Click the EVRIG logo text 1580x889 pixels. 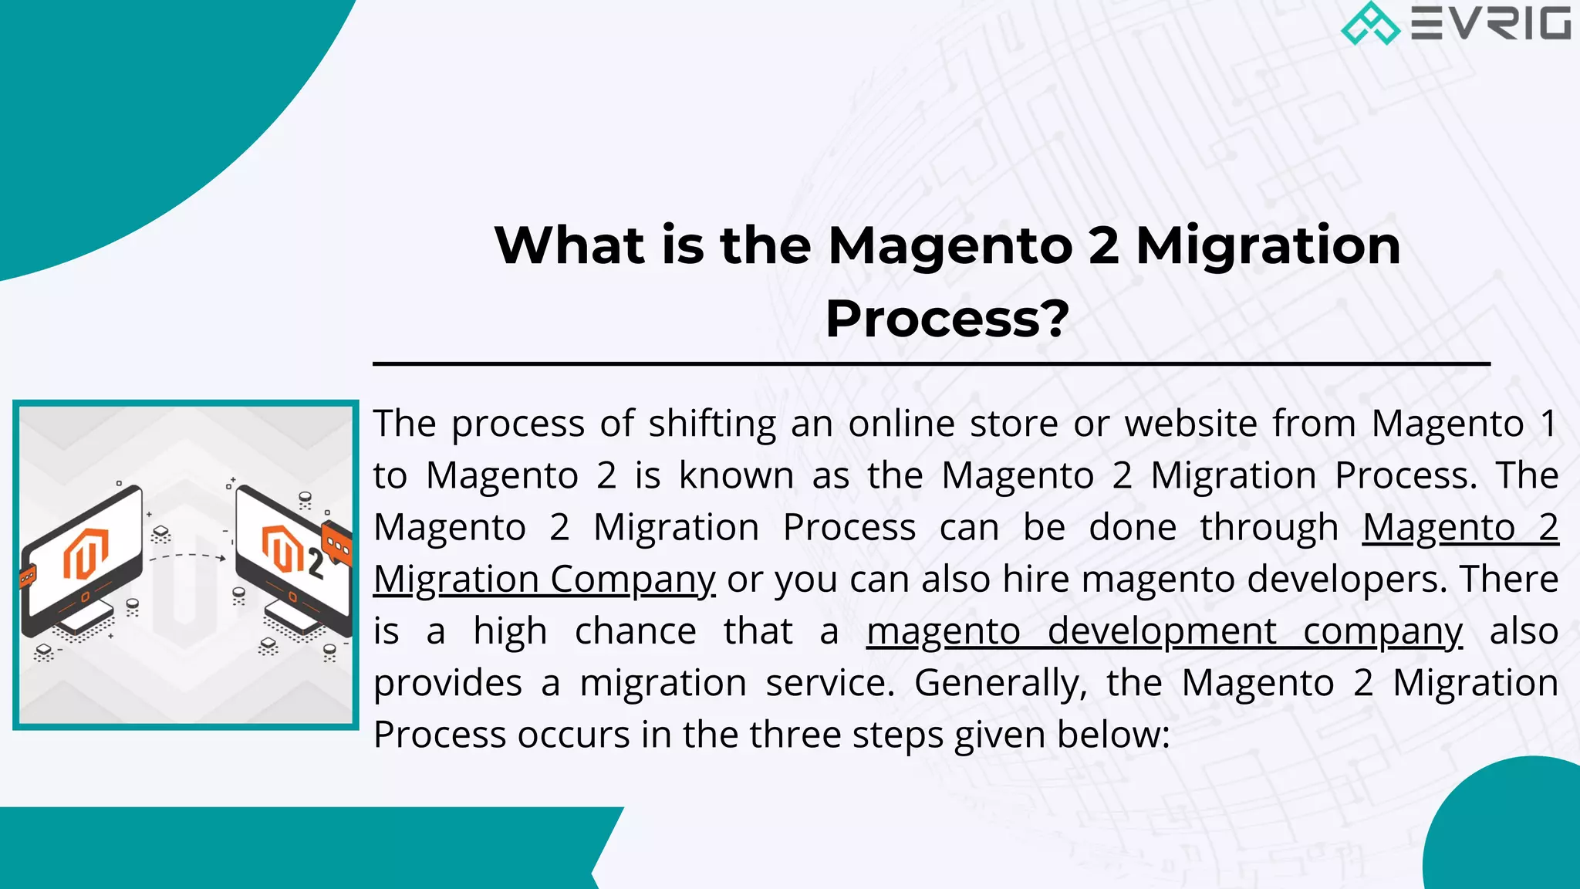click(1491, 23)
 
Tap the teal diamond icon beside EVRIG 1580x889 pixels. click(1370, 23)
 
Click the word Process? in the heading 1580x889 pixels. click(947, 319)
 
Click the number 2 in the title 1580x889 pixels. click(1103, 245)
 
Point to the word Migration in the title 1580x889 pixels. click(1268, 245)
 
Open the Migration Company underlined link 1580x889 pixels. click(544, 579)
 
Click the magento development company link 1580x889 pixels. click(1163, 631)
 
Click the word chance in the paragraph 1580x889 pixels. click(635, 631)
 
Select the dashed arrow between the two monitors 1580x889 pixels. click(187, 556)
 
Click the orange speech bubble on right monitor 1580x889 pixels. click(336, 543)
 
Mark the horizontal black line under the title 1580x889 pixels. click(930, 363)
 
